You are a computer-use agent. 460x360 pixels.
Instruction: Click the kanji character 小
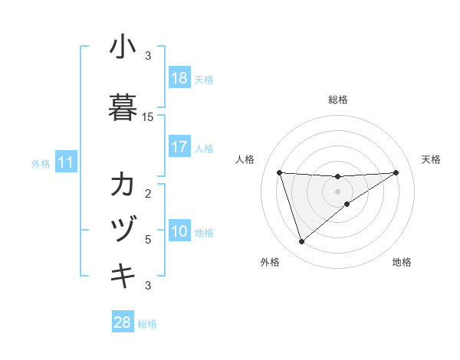[123, 47]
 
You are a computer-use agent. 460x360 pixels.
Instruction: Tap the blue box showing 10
[179, 232]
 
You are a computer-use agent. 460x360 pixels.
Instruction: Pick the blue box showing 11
[66, 162]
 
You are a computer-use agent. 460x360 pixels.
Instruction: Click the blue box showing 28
[123, 323]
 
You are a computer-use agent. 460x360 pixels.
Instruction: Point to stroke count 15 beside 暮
[148, 117]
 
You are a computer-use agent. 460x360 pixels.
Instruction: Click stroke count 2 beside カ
[148, 193]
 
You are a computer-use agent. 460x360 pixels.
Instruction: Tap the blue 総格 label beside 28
[147, 324]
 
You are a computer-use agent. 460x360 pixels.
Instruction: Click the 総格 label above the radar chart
[338, 100]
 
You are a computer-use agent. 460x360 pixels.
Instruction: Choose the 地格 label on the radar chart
[402, 262]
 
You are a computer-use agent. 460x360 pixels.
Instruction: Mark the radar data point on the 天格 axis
[396, 172]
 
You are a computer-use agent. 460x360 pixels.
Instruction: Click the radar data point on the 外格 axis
[301, 242]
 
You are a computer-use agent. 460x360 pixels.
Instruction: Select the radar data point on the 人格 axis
[280, 172]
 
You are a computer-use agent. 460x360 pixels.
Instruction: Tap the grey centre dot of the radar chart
[338, 191]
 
